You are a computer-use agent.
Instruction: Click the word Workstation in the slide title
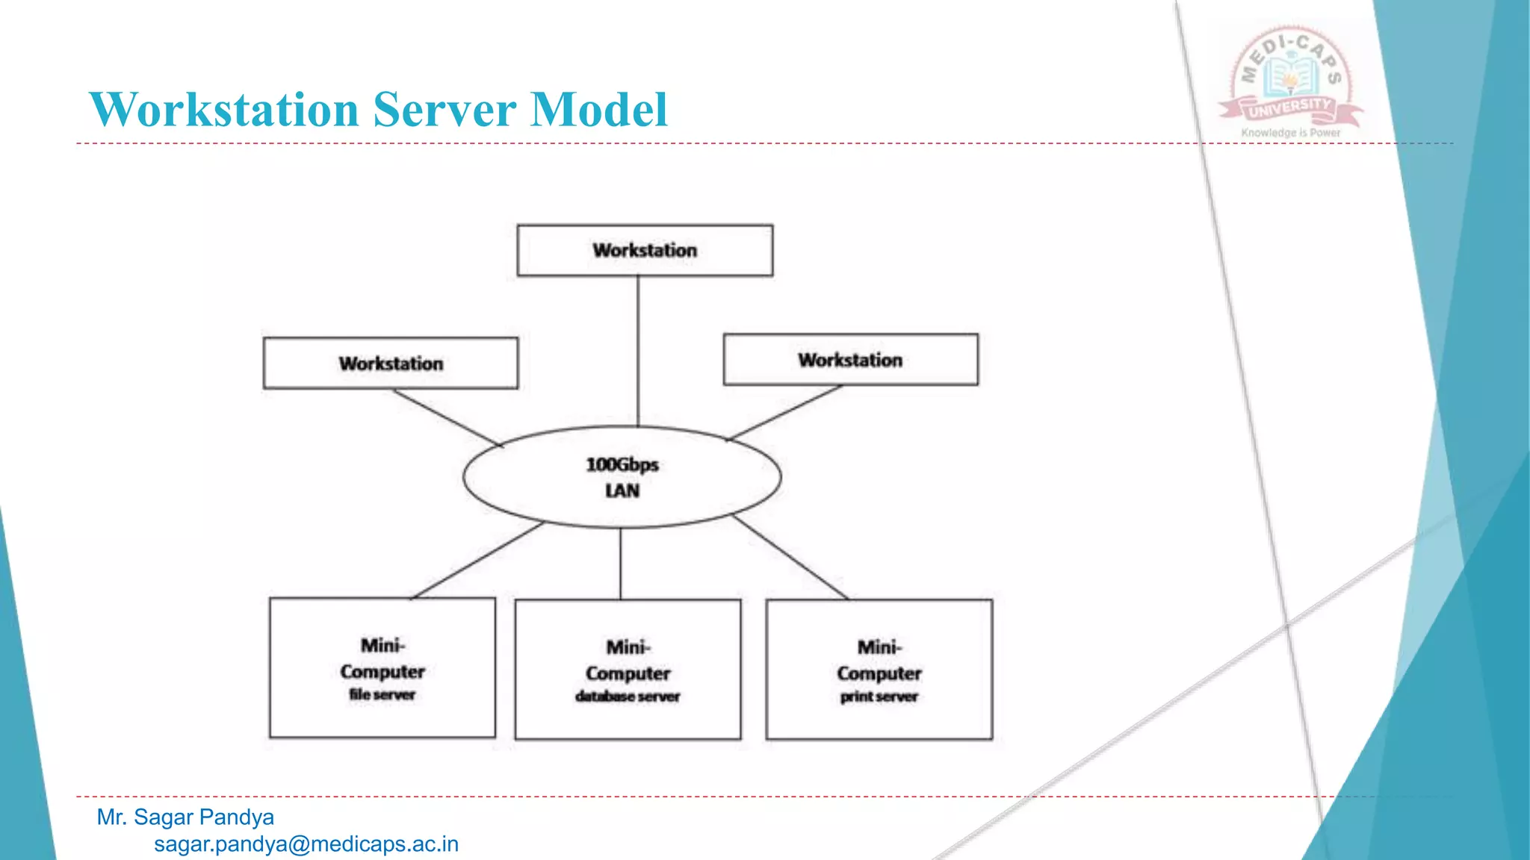[x=224, y=110]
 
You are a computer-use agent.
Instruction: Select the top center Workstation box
[x=645, y=250]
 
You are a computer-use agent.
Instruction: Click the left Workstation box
[x=390, y=363]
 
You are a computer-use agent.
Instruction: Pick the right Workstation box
[x=850, y=360]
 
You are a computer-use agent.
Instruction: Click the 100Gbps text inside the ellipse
[x=622, y=464]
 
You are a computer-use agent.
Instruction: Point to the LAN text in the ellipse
[x=622, y=490]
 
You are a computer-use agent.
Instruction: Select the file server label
[x=382, y=694]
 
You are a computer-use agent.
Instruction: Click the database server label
[x=628, y=697]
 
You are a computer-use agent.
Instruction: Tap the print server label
[x=879, y=697]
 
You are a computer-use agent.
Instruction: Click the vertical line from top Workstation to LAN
[x=638, y=351]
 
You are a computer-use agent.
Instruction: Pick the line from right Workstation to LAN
[x=784, y=412]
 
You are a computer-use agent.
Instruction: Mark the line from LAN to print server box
[x=790, y=557]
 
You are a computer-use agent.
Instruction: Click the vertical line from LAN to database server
[x=620, y=564]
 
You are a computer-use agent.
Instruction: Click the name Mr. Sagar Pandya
[x=185, y=817]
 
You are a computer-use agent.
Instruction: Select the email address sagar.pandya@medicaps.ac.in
[x=306, y=844]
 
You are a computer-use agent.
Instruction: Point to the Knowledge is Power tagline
[x=1291, y=133]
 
